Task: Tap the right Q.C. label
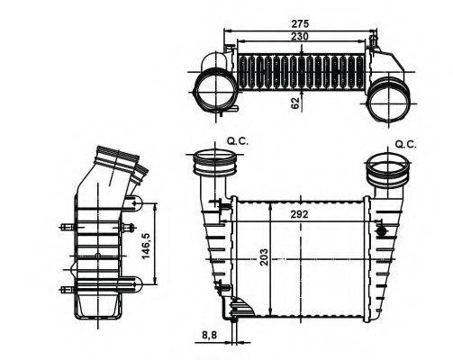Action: [x=405, y=143]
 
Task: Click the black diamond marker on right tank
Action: [x=383, y=231]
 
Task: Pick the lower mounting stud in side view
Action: [x=65, y=289]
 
